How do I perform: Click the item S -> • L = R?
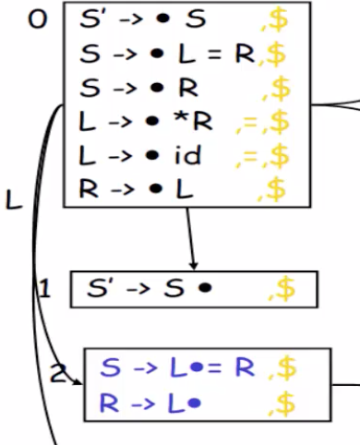tap(166, 54)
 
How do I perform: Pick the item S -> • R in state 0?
tap(138, 89)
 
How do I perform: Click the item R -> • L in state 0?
tap(138, 190)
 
